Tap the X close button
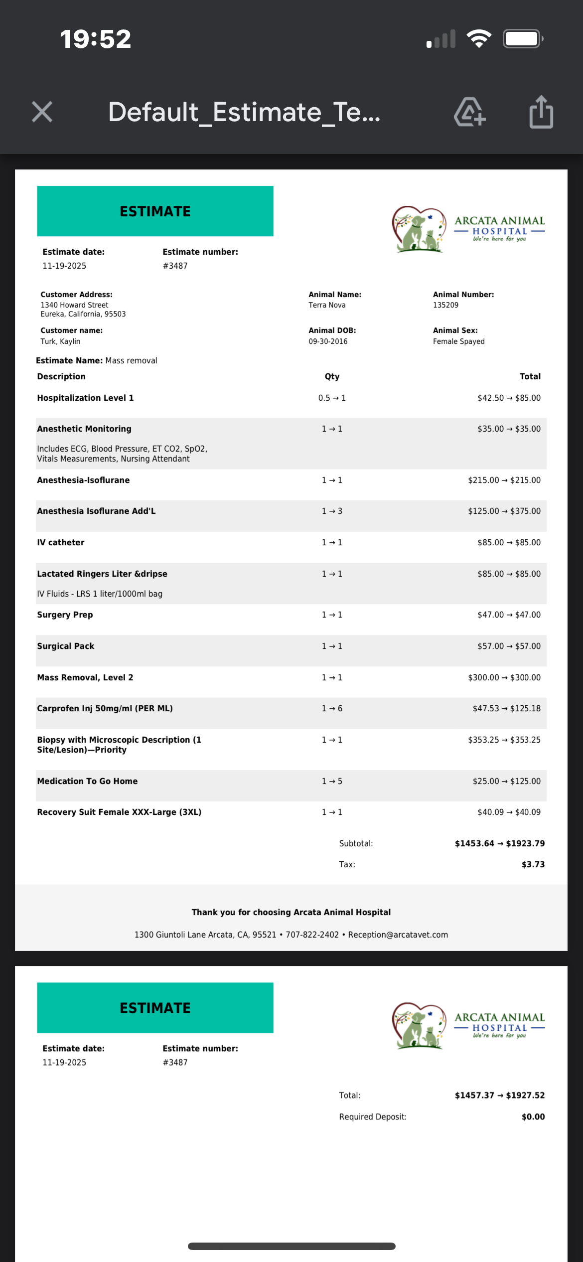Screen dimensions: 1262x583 click(x=42, y=112)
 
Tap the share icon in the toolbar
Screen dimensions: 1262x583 click(x=541, y=112)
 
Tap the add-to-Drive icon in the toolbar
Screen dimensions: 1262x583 click(x=469, y=112)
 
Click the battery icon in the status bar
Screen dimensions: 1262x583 click(x=522, y=39)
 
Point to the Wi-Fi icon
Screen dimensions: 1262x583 click(x=479, y=39)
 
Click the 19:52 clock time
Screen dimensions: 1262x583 click(x=96, y=39)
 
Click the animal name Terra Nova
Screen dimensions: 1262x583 click(x=327, y=305)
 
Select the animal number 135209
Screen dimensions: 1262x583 click(x=445, y=305)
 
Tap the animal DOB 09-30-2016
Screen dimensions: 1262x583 click(x=328, y=341)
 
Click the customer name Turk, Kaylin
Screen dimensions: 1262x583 click(x=60, y=341)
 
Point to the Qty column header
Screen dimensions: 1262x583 click(x=332, y=376)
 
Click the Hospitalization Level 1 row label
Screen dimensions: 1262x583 click(x=85, y=398)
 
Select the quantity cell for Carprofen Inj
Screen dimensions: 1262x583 click(x=332, y=708)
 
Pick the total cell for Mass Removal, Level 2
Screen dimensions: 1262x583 click(x=504, y=677)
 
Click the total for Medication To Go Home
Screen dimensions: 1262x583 click(x=506, y=781)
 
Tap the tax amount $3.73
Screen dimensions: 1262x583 click(x=533, y=864)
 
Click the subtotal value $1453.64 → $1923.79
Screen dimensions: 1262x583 click(x=499, y=843)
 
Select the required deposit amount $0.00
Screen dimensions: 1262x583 click(x=533, y=1116)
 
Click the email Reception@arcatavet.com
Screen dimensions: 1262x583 click(x=398, y=935)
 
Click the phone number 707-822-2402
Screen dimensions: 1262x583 click(x=312, y=935)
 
